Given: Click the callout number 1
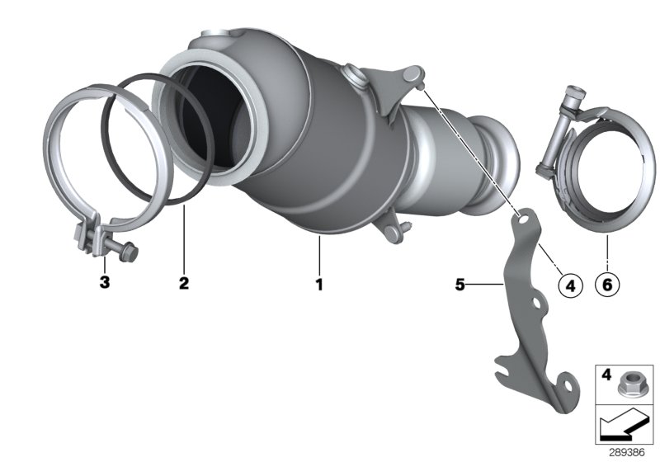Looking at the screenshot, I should [x=318, y=284].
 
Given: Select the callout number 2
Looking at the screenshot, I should [x=183, y=284].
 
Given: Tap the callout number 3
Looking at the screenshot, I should [x=104, y=284].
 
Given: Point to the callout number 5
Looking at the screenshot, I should [x=460, y=284].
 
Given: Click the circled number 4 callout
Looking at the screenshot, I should [x=570, y=285].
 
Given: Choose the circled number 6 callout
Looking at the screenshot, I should [x=606, y=285].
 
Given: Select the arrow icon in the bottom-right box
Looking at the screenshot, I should [x=618, y=427].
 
